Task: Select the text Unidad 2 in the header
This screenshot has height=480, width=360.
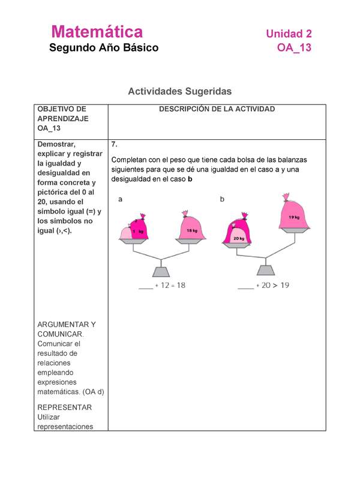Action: [289, 34]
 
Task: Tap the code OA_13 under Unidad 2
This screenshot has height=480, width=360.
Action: [294, 48]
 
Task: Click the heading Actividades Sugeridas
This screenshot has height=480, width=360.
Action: [179, 91]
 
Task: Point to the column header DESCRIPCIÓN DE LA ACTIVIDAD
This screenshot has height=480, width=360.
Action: [217, 109]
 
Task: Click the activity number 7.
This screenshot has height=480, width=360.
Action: [114, 145]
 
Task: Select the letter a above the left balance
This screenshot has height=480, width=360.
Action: [120, 199]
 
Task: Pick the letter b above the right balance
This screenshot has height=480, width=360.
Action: [222, 199]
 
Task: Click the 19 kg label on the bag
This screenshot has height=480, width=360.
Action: [294, 217]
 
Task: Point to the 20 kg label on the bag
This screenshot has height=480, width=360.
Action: [239, 238]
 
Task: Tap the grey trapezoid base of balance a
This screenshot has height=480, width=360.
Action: [160, 269]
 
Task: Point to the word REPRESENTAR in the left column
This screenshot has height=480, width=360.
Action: [64, 407]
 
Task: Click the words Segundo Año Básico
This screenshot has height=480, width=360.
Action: [104, 48]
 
